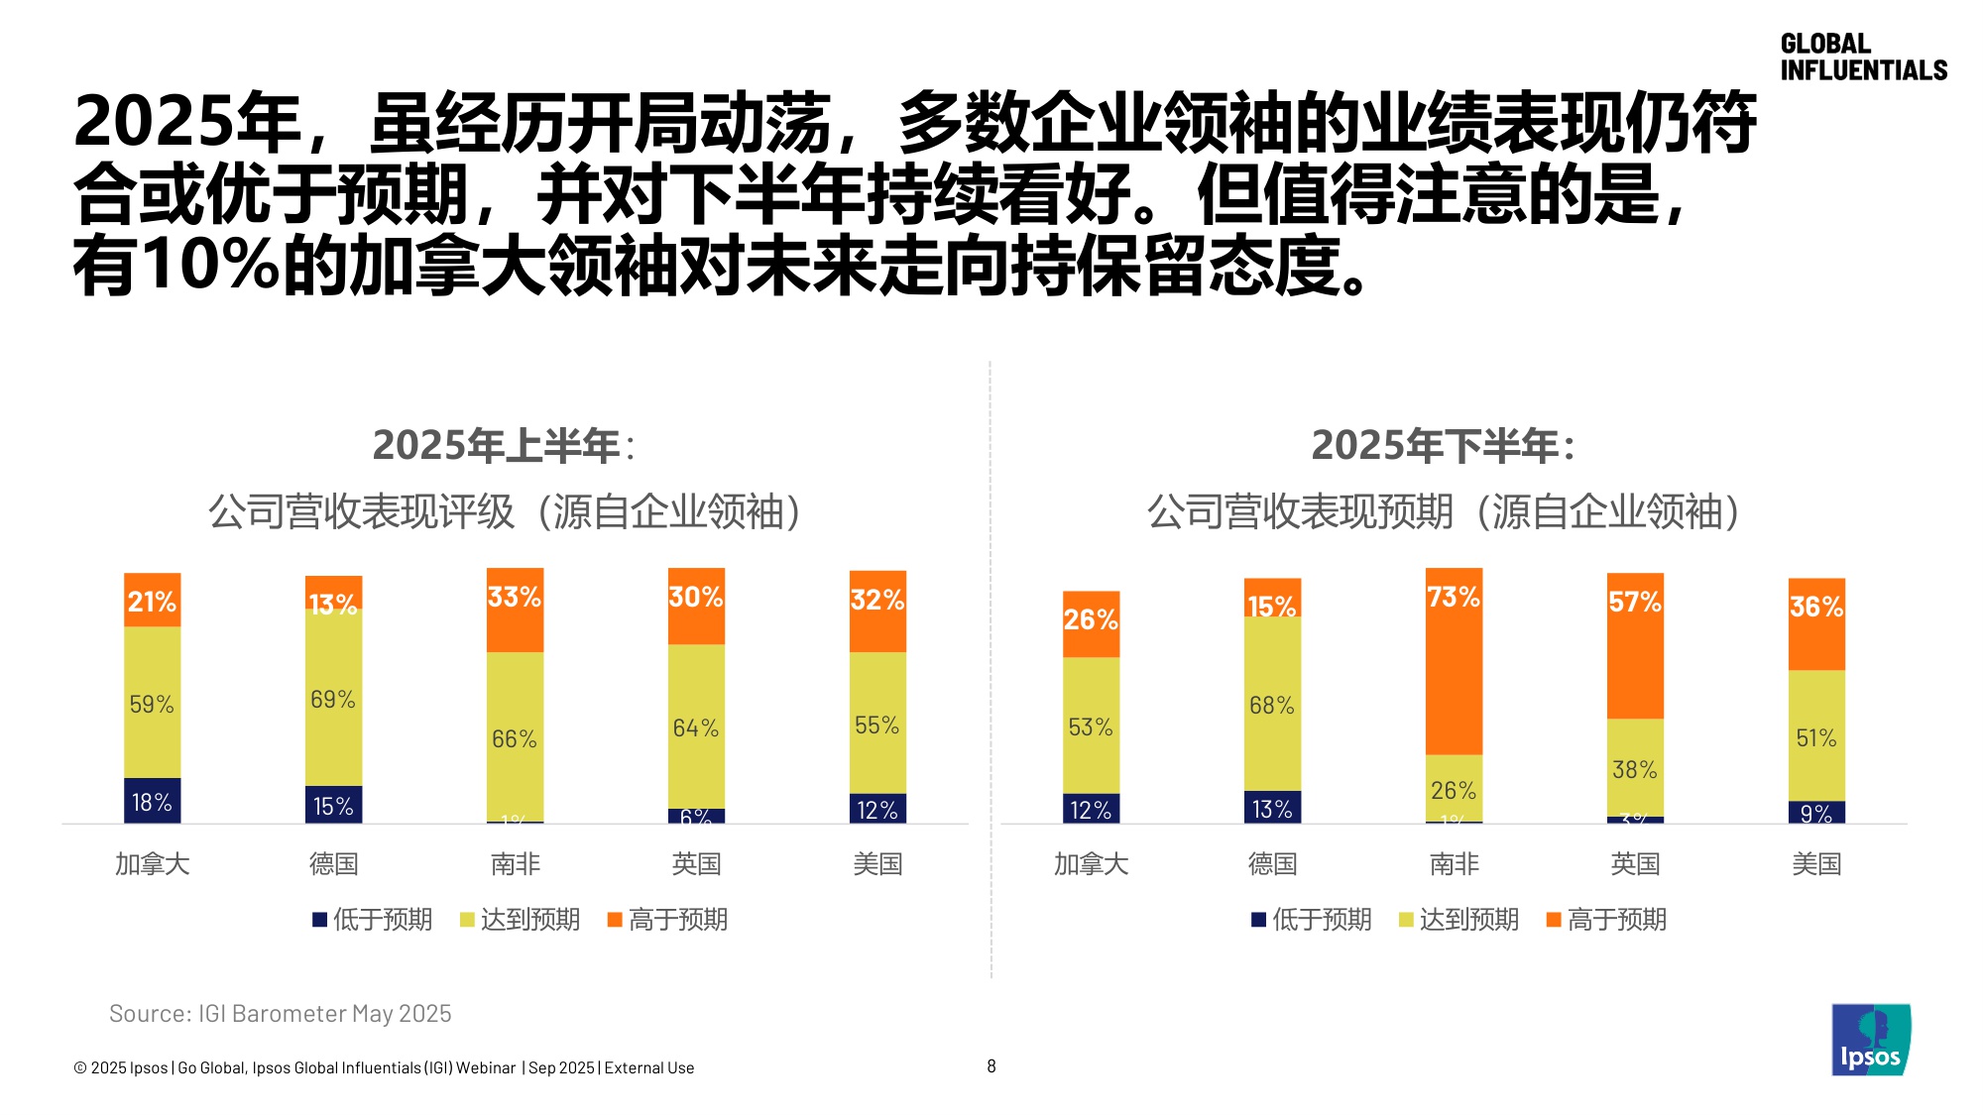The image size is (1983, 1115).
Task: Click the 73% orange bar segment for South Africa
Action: coord(1454,661)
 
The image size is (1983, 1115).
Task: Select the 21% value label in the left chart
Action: coord(152,602)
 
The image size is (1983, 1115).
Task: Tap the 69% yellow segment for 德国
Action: coord(333,699)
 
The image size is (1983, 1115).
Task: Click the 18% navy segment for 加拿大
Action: coord(152,801)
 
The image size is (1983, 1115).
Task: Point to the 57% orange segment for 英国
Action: coord(1635,646)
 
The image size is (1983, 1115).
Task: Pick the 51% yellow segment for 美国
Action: coord(1816,736)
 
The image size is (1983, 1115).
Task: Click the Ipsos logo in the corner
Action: coord(1870,1040)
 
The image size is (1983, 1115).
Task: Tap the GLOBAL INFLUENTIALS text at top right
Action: coord(1862,57)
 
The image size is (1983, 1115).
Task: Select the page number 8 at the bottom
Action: coord(991,1066)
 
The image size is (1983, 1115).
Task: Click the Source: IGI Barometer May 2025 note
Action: coord(280,1013)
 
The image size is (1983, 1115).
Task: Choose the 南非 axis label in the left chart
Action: coord(515,864)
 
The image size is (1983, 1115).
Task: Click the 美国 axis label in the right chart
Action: coord(1816,864)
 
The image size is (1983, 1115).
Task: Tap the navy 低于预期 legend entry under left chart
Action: coord(373,920)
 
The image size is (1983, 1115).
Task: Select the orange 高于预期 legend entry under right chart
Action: coord(1606,920)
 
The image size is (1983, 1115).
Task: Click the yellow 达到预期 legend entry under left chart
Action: coord(520,920)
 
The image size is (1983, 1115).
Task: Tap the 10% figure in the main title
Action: coord(210,266)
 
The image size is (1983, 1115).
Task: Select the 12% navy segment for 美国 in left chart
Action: coord(877,809)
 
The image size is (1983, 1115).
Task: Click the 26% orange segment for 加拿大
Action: coord(1091,623)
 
